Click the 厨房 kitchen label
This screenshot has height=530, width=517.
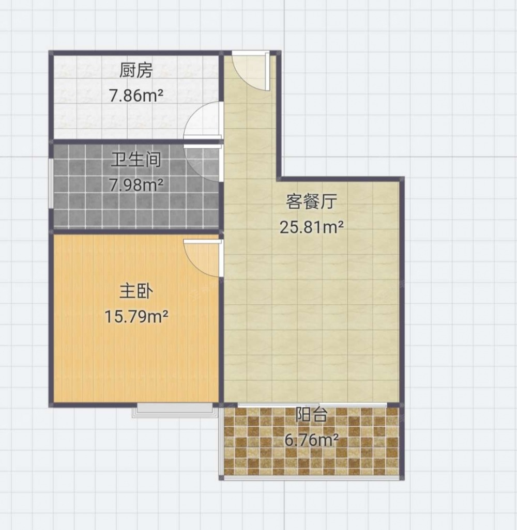(x=136, y=71)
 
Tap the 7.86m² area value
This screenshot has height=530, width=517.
(x=136, y=96)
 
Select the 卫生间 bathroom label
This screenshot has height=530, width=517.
(x=136, y=160)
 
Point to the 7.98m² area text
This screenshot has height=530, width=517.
(x=136, y=184)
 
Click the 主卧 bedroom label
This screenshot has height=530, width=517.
(x=136, y=291)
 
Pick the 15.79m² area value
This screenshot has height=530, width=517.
(x=136, y=316)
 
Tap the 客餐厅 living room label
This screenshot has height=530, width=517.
(x=312, y=201)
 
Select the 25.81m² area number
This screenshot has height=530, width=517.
(x=312, y=227)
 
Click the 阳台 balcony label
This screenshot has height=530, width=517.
(x=312, y=415)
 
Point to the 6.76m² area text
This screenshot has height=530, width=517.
(x=312, y=440)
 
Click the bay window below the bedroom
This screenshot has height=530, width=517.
(x=174, y=410)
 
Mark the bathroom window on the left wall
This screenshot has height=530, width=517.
(x=51, y=183)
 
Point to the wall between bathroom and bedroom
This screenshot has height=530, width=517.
(x=135, y=231)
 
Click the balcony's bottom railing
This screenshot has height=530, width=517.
(x=312, y=478)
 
